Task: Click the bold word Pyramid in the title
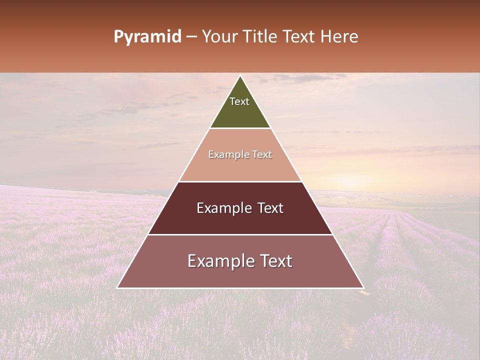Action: (147, 37)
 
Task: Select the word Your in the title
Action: (218, 37)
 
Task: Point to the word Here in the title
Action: (339, 37)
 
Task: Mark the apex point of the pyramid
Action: (240, 76)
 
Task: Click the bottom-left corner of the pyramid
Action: (117, 287)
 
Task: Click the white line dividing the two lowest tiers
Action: (240, 234)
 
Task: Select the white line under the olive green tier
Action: (240, 128)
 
